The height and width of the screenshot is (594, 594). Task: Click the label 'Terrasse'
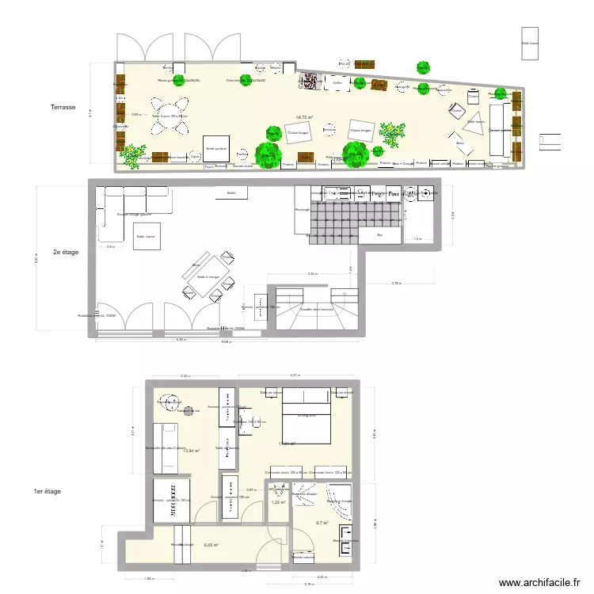click(63, 108)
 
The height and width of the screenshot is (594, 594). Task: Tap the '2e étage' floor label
click(67, 253)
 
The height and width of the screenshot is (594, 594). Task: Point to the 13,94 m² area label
click(191, 450)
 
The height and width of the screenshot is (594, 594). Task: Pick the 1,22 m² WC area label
click(278, 501)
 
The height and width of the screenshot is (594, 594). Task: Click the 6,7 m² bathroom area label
click(322, 523)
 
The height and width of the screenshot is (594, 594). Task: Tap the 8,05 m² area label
click(210, 545)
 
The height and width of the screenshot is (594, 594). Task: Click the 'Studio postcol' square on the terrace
click(216, 147)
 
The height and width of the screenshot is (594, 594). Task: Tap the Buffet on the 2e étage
click(231, 192)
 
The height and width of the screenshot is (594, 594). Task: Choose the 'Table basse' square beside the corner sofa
click(147, 237)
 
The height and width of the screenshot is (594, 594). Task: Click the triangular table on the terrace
click(474, 124)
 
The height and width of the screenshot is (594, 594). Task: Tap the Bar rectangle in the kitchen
click(379, 234)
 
